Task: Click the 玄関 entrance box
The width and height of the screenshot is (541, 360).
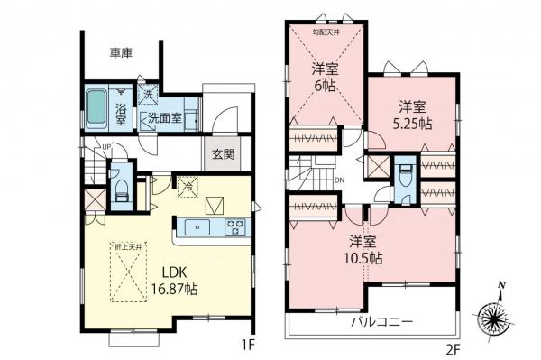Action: (x=223, y=154)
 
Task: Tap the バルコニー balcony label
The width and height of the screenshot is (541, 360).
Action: (x=381, y=321)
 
